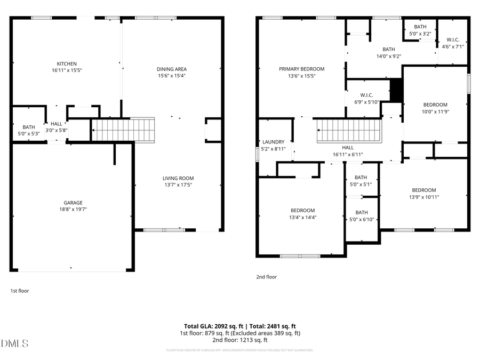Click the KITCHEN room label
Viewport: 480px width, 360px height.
[x=67, y=63]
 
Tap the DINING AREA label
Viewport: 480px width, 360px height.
[x=172, y=69]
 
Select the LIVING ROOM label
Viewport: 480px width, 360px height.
[x=178, y=178]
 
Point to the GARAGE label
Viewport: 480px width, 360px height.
[x=73, y=203]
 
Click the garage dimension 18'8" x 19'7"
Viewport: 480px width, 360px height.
[x=73, y=210]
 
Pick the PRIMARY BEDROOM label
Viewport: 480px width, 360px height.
[x=302, y=69]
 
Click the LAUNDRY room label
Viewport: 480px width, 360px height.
[x=273, y=142]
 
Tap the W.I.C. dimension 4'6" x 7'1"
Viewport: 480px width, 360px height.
[x=453, y=46]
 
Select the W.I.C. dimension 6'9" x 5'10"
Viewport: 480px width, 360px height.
[x=366, y=102]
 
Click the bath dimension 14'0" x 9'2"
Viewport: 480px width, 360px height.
[x=388, y=56]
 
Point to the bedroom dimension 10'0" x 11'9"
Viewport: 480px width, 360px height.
[x=435, y=112]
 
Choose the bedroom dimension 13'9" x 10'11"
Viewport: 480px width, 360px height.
[x=423, y=197]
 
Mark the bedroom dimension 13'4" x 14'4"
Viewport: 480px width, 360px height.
[x=302, y=217]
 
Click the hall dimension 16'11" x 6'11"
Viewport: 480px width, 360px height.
[x=348, y=155]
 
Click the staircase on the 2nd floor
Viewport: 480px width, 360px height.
[x=350, y=131]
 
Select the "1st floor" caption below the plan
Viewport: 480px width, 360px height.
[x=20, y=291]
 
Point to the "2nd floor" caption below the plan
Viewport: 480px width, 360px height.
[x=267, y=277]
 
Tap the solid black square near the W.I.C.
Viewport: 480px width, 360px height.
[x=396, y=90]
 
